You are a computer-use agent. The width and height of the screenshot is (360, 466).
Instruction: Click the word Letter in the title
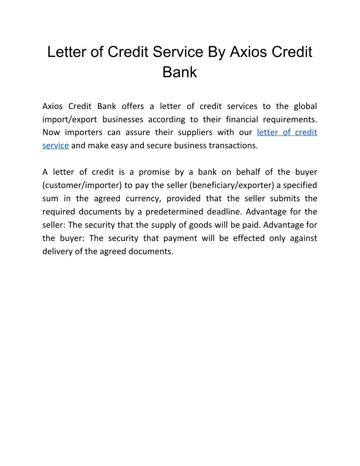(x=67, y=52)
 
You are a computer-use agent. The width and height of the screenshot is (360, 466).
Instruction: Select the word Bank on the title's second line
(x=180, y=72)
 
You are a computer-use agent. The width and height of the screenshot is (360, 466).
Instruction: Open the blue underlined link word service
(x=56, y=146)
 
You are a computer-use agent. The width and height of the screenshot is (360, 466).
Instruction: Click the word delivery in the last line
(x=56, y=252)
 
